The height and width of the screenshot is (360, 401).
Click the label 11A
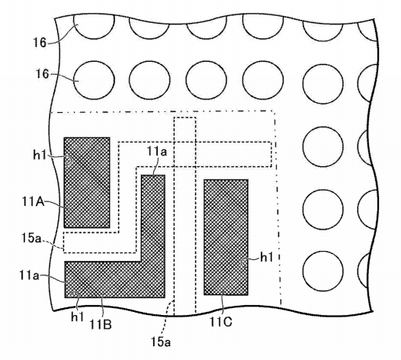tap(34, 202)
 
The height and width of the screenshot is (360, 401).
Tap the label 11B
tap(101, 325)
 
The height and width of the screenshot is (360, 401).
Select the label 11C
tap(221, 322)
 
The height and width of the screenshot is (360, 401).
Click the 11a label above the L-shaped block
tap(157, 151)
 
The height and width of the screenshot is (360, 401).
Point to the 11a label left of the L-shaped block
tap(29, 276)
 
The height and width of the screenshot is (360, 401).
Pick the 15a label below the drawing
tap(161, 342)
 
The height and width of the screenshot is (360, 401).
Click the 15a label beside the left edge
tap(31, 238)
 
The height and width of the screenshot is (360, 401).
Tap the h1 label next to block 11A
tap(40, 155)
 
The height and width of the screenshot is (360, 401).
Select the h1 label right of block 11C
tap(267, 257)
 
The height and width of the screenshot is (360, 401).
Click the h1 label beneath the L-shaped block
tap(78, 317)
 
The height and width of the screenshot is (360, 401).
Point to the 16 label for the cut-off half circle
tap(40, 42)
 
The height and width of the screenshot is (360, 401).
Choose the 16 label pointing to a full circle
tap(42, 74)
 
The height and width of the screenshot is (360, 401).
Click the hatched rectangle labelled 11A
tap(87, 182)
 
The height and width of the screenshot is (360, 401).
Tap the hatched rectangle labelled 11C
tap(226, 237)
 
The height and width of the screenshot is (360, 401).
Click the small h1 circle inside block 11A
tap(69, 160)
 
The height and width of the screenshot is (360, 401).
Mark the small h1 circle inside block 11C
tap(243, 262)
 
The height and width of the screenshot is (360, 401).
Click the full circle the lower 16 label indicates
tap(94, 80)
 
